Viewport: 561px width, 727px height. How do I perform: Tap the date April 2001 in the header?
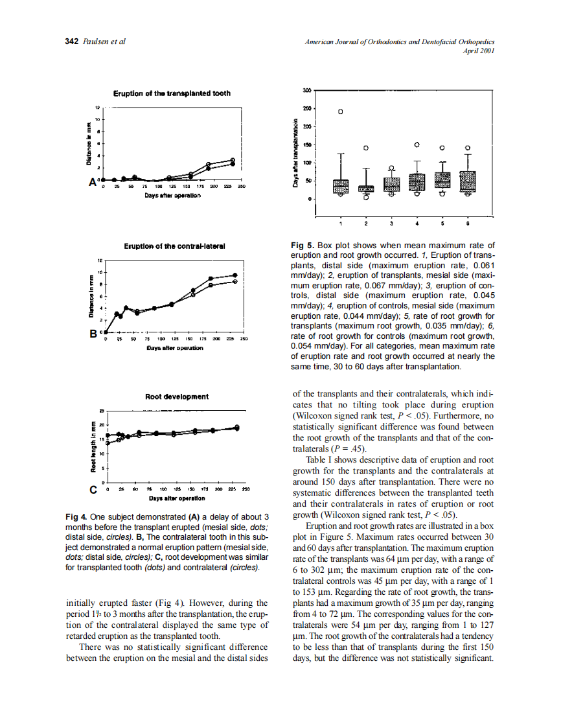coord(479,51)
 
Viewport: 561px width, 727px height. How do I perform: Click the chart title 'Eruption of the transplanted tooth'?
coord(172,93)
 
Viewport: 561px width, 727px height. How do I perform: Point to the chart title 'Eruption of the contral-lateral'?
coord(174,246)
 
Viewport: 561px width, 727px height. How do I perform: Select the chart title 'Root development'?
coord(177,396)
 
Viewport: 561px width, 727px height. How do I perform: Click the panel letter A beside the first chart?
coord(93,182)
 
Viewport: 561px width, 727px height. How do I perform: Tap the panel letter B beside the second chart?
coord(93,334)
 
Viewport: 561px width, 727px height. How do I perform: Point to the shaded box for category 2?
coord(366,189)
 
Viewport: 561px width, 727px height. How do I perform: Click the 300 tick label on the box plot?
coord(307,90)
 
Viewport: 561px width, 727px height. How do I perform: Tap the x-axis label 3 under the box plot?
coord(391,224)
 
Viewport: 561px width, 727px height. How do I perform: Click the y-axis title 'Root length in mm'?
coord(93,446)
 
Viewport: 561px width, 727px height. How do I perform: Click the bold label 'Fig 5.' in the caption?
coord(303,246)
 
